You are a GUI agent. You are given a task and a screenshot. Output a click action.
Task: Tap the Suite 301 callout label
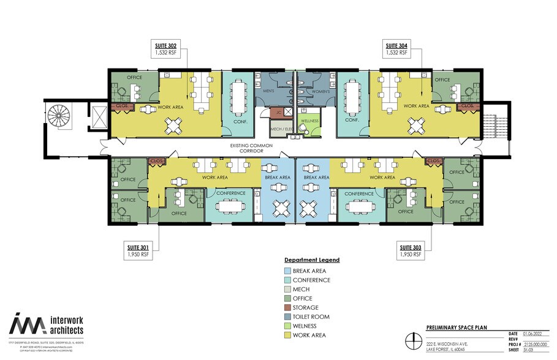tap(138, 249)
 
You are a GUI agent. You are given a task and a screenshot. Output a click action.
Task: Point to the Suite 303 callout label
tap(411, 249)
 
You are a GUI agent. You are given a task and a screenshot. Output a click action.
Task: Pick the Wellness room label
tap(309, 121)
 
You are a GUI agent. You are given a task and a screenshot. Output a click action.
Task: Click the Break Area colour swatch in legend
tap(287, 271)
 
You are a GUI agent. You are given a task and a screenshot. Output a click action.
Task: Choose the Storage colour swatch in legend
tap(287, 308)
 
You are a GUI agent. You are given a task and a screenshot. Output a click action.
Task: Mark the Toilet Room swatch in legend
tap(287, 317)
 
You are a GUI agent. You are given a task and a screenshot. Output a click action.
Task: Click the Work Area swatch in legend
tap(287, 336)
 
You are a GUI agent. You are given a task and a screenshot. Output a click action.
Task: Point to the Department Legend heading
tap(312, 260)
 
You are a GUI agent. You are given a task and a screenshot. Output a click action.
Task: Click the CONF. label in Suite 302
tap(233, 121)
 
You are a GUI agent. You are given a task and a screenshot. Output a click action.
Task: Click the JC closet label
tap(278, 112)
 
